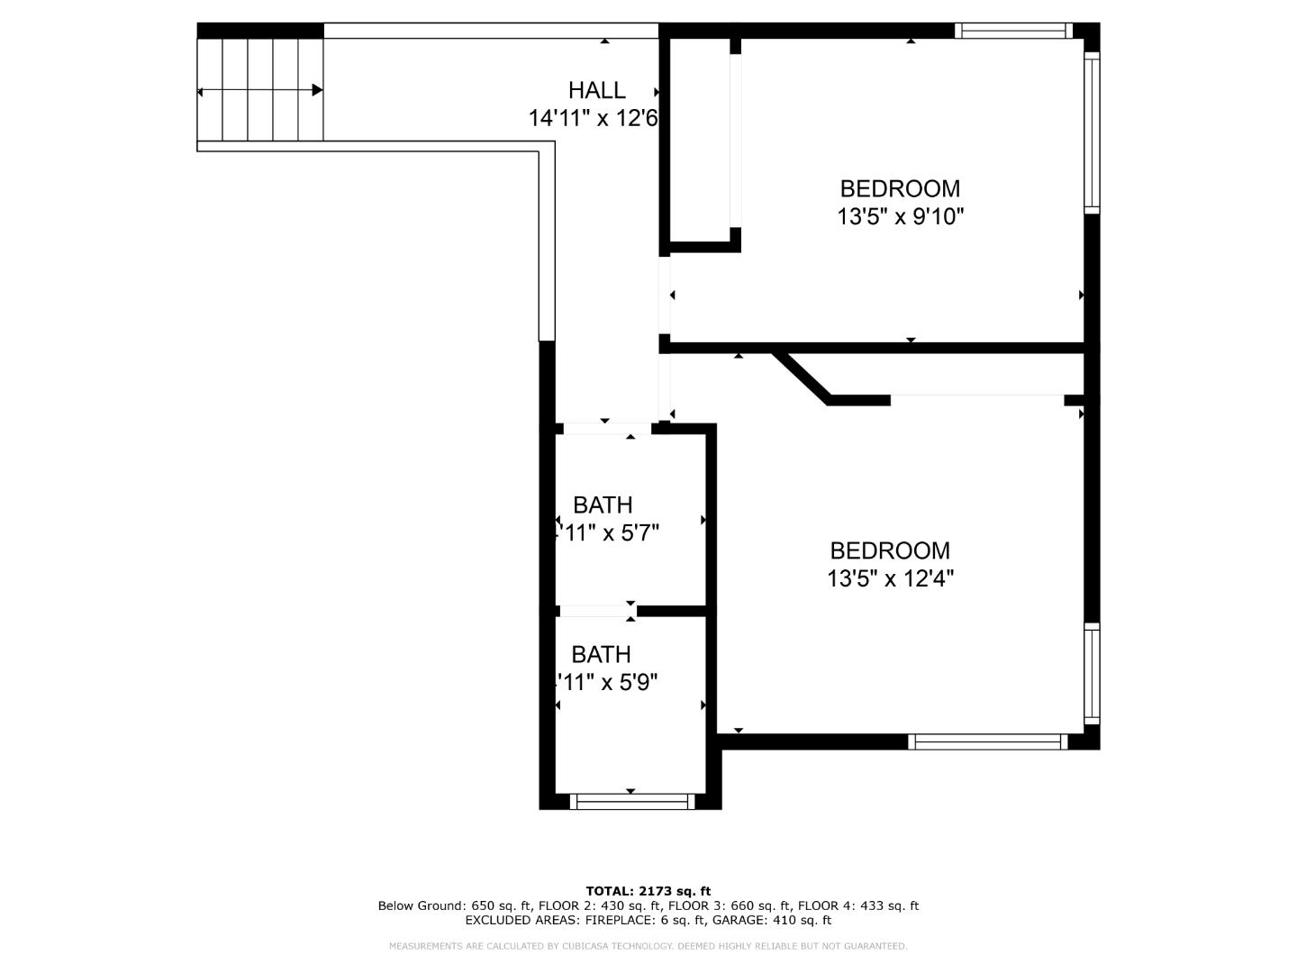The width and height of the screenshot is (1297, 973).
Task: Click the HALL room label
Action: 596,90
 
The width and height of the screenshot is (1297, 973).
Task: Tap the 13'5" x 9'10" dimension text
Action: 900,217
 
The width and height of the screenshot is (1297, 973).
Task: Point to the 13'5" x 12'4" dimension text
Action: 890,578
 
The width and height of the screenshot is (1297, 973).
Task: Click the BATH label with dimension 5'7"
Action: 603,505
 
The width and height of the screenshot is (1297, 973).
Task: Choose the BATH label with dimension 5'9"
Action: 601,654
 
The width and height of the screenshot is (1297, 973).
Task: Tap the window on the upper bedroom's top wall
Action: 1012,31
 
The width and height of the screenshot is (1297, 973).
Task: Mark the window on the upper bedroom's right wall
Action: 1092,132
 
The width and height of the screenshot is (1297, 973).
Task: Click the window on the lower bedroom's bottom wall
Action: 987,742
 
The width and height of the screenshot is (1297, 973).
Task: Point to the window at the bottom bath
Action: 634,801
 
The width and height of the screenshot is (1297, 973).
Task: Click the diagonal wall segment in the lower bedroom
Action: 802,377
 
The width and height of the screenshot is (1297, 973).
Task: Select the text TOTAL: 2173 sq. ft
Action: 648,892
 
